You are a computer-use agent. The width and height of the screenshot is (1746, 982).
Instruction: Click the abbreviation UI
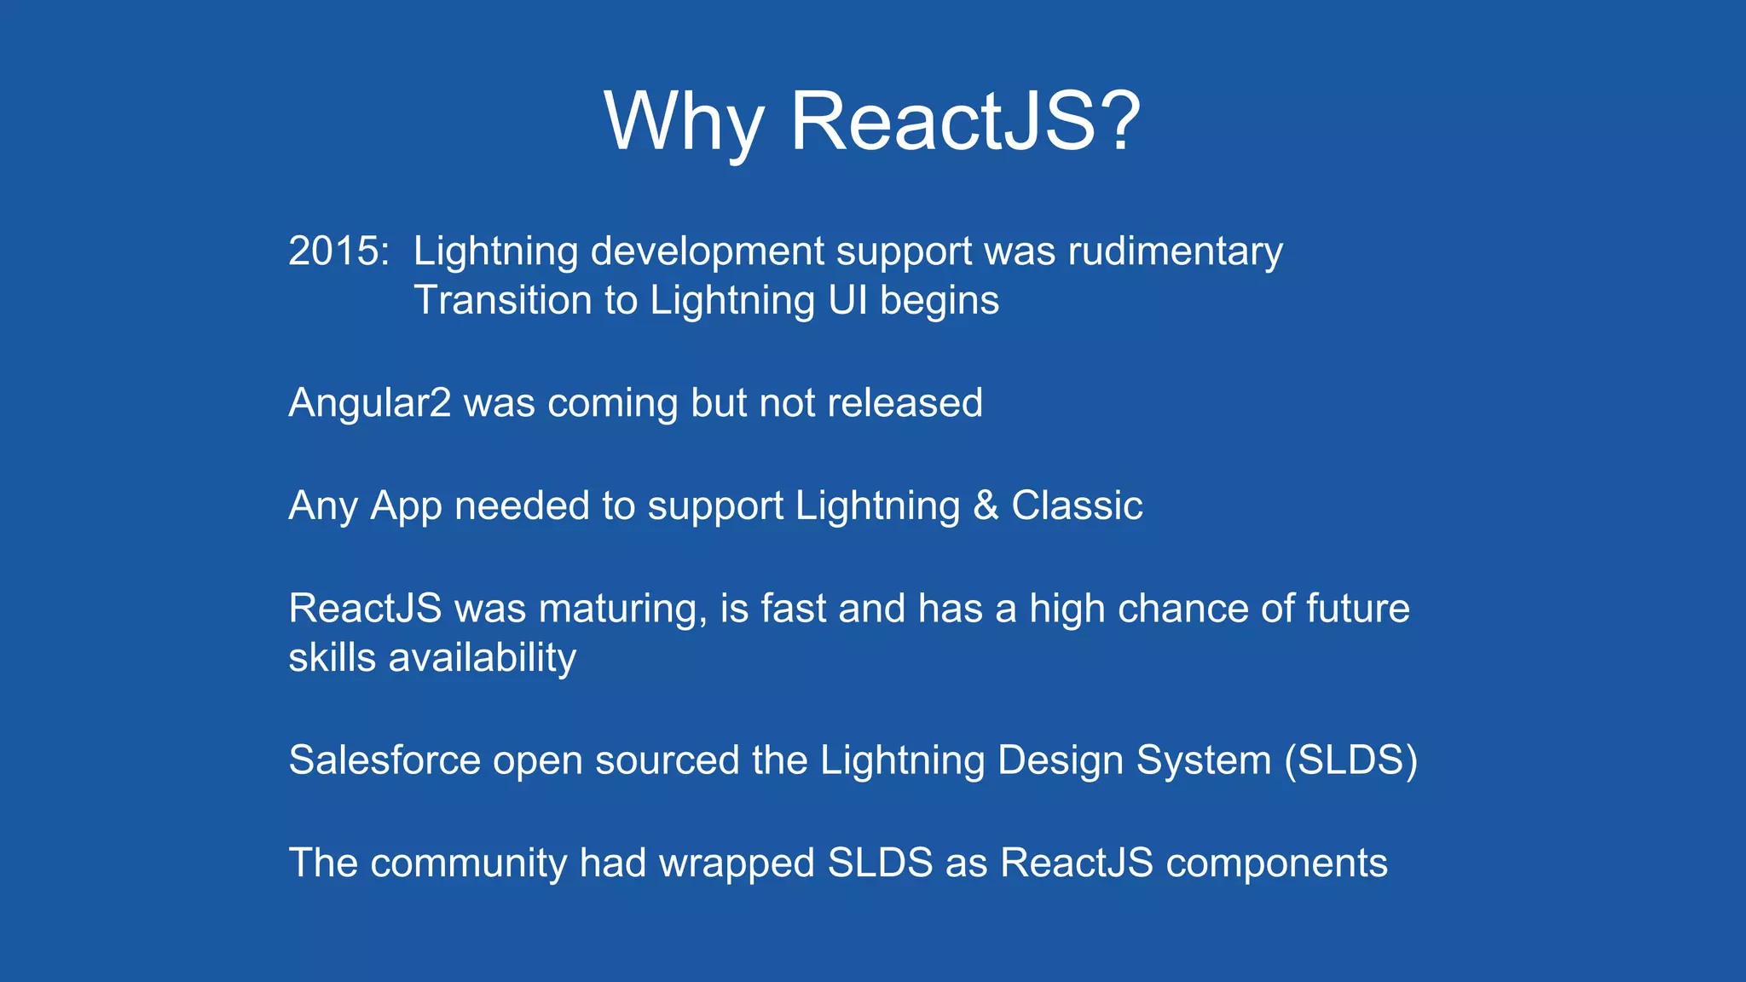coord(847,300)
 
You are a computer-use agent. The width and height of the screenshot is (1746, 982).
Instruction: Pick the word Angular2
coord(369,403)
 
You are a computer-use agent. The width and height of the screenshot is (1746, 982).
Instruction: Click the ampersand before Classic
coord(986,505)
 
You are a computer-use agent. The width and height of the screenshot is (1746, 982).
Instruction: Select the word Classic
coord(1076,505)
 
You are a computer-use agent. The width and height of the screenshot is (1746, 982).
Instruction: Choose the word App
coord(406,506)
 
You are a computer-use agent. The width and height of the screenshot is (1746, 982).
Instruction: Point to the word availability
coord(482,658)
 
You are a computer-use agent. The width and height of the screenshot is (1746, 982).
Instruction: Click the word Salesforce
coord(384,760)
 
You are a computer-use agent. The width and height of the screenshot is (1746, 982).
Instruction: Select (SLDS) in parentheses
coord(1350,760)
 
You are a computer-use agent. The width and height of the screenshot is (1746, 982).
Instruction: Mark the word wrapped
coord(737,864)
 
